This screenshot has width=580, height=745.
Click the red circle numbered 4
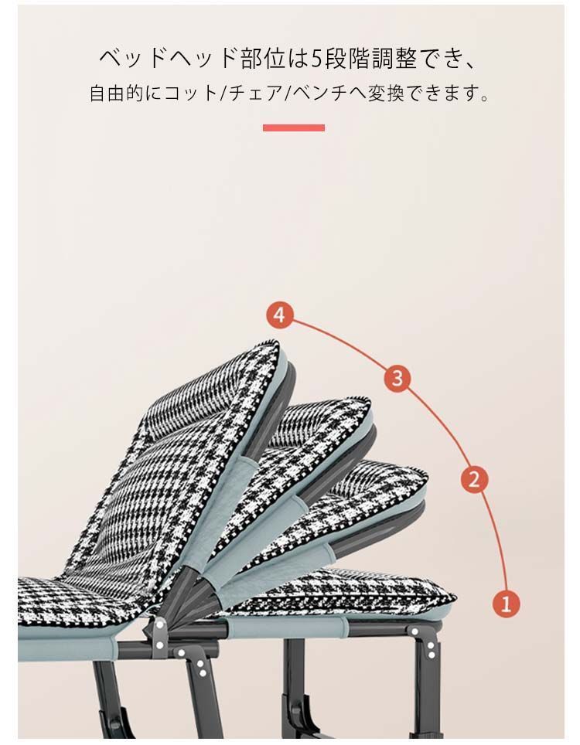click(x=280, y=315)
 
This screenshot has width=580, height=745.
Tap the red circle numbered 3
click(x=397, y=378)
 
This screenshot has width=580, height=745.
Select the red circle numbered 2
click(x=475, y=479)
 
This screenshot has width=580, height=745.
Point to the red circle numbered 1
click(x=506, y=604)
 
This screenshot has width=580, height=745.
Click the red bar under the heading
click(x=294, y=128)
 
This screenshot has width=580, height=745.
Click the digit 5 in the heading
click(x=316, y=59)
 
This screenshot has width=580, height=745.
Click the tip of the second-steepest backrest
click(x=368, y=403)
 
